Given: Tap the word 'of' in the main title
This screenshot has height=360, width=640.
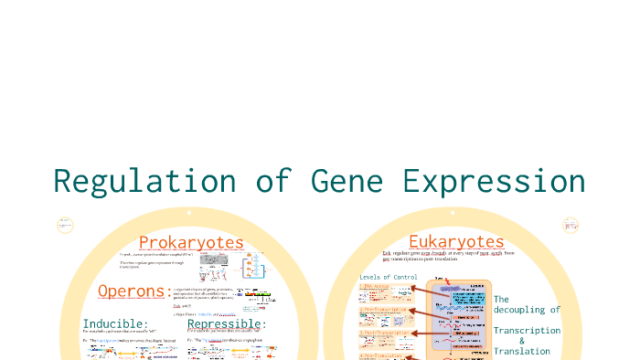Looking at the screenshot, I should [x=271, y=180].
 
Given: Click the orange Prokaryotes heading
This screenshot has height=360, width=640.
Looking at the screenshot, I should [x=191, y=242].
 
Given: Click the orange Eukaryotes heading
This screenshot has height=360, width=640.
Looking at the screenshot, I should [x=456, y=241].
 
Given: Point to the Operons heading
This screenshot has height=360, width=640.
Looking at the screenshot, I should [x=131, y=291].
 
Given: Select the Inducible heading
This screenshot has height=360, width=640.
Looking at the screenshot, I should [x=115, y=323].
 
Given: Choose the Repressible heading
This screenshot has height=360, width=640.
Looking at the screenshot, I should [x=227, y=323].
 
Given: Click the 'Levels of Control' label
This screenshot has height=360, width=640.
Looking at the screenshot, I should [x=389, y=276].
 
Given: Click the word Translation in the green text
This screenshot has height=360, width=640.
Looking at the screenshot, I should [x=521, y=351].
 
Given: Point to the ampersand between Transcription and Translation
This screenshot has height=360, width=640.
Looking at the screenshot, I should [x=522, y=341].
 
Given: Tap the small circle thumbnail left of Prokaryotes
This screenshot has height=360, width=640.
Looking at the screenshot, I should [x=65, y=225].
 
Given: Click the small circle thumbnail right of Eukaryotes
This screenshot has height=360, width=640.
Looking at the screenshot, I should [x=571, y=225].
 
